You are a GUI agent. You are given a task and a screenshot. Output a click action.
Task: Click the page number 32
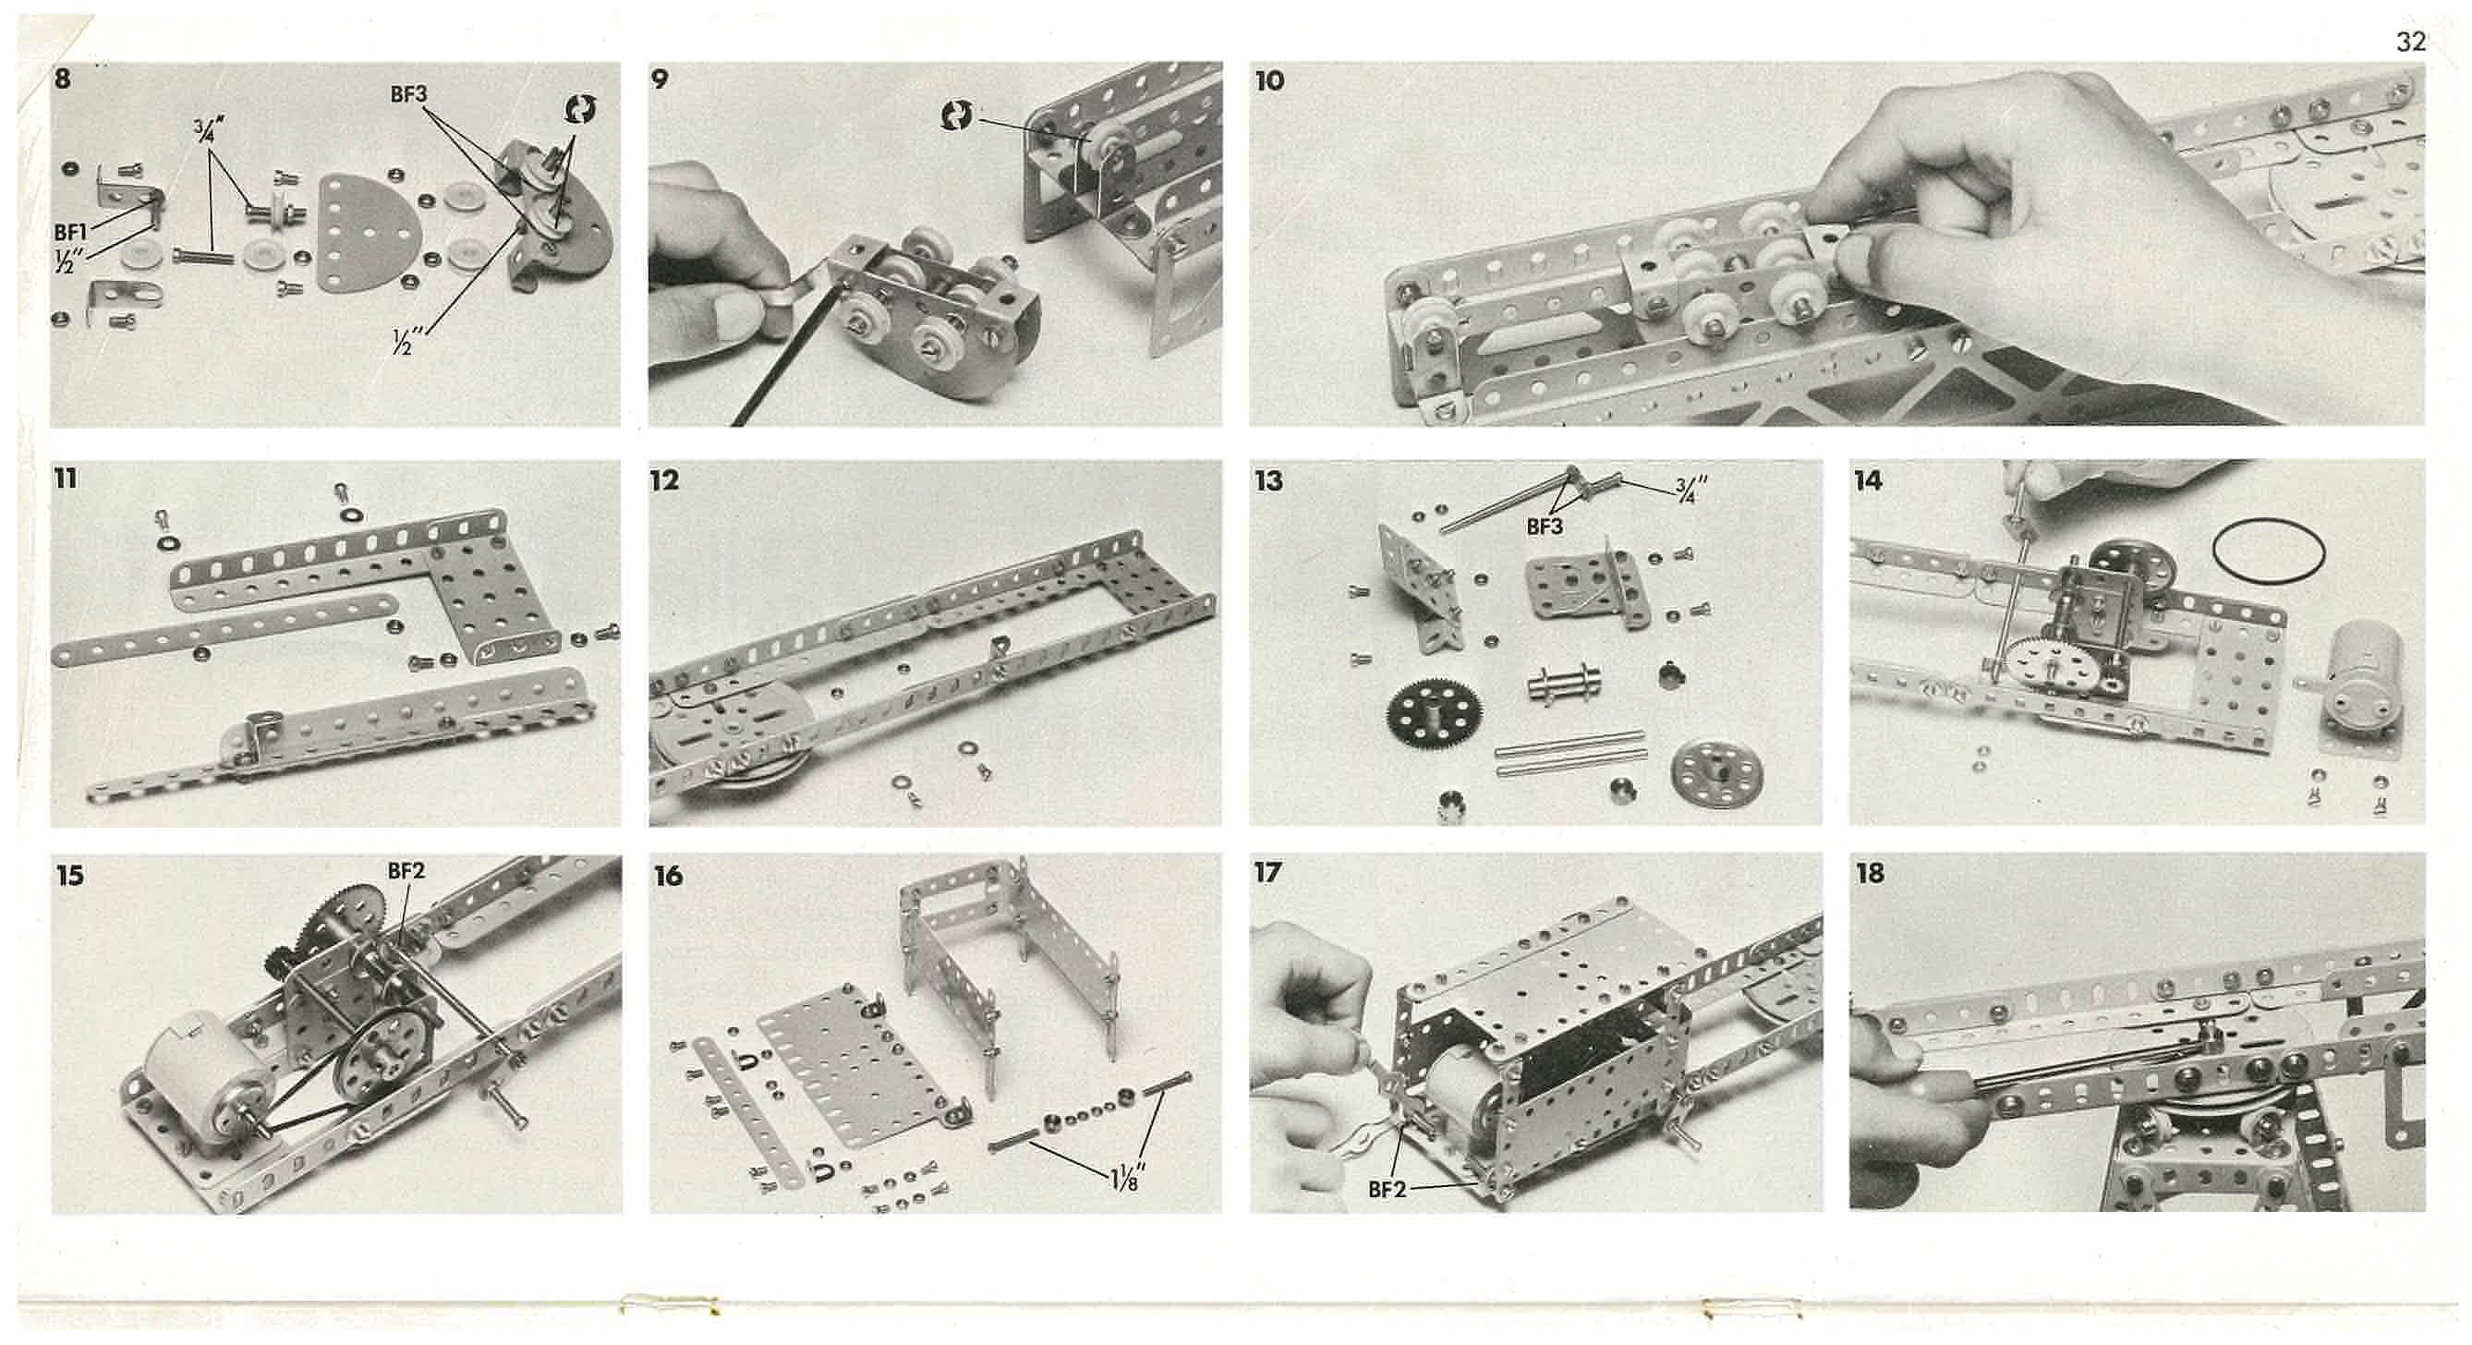point(2411,42)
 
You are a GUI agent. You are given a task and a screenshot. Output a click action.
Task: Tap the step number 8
point(63,79)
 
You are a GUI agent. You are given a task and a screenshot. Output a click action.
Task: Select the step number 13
point(1268,480)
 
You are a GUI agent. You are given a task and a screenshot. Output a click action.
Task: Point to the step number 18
point(1870,873)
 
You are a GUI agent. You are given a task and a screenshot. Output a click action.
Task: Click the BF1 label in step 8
point(70,232)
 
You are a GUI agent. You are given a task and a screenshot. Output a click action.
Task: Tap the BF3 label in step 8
point(407,94)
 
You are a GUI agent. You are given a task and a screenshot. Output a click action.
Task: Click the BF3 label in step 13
point(1545,527)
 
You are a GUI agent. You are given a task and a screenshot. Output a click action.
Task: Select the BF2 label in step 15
point(405,870)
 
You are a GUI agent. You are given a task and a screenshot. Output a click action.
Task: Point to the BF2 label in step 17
point(1387,1190)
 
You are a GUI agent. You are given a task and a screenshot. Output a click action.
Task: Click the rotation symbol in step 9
point(957,116)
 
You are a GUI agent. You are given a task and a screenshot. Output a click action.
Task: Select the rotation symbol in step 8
point(578,110)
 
